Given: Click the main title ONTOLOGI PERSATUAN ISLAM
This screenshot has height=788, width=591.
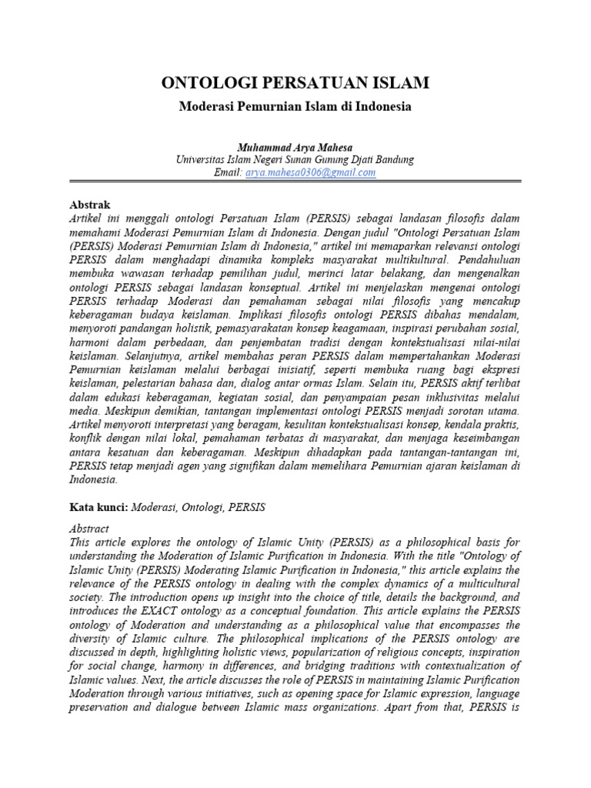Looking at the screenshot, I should (295, 82).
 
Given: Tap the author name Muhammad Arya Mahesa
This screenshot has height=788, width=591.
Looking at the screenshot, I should (295, 146).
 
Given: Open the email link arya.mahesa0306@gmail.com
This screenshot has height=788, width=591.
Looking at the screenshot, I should (310, 173).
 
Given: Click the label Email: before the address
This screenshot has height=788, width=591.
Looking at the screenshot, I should (228, 173).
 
